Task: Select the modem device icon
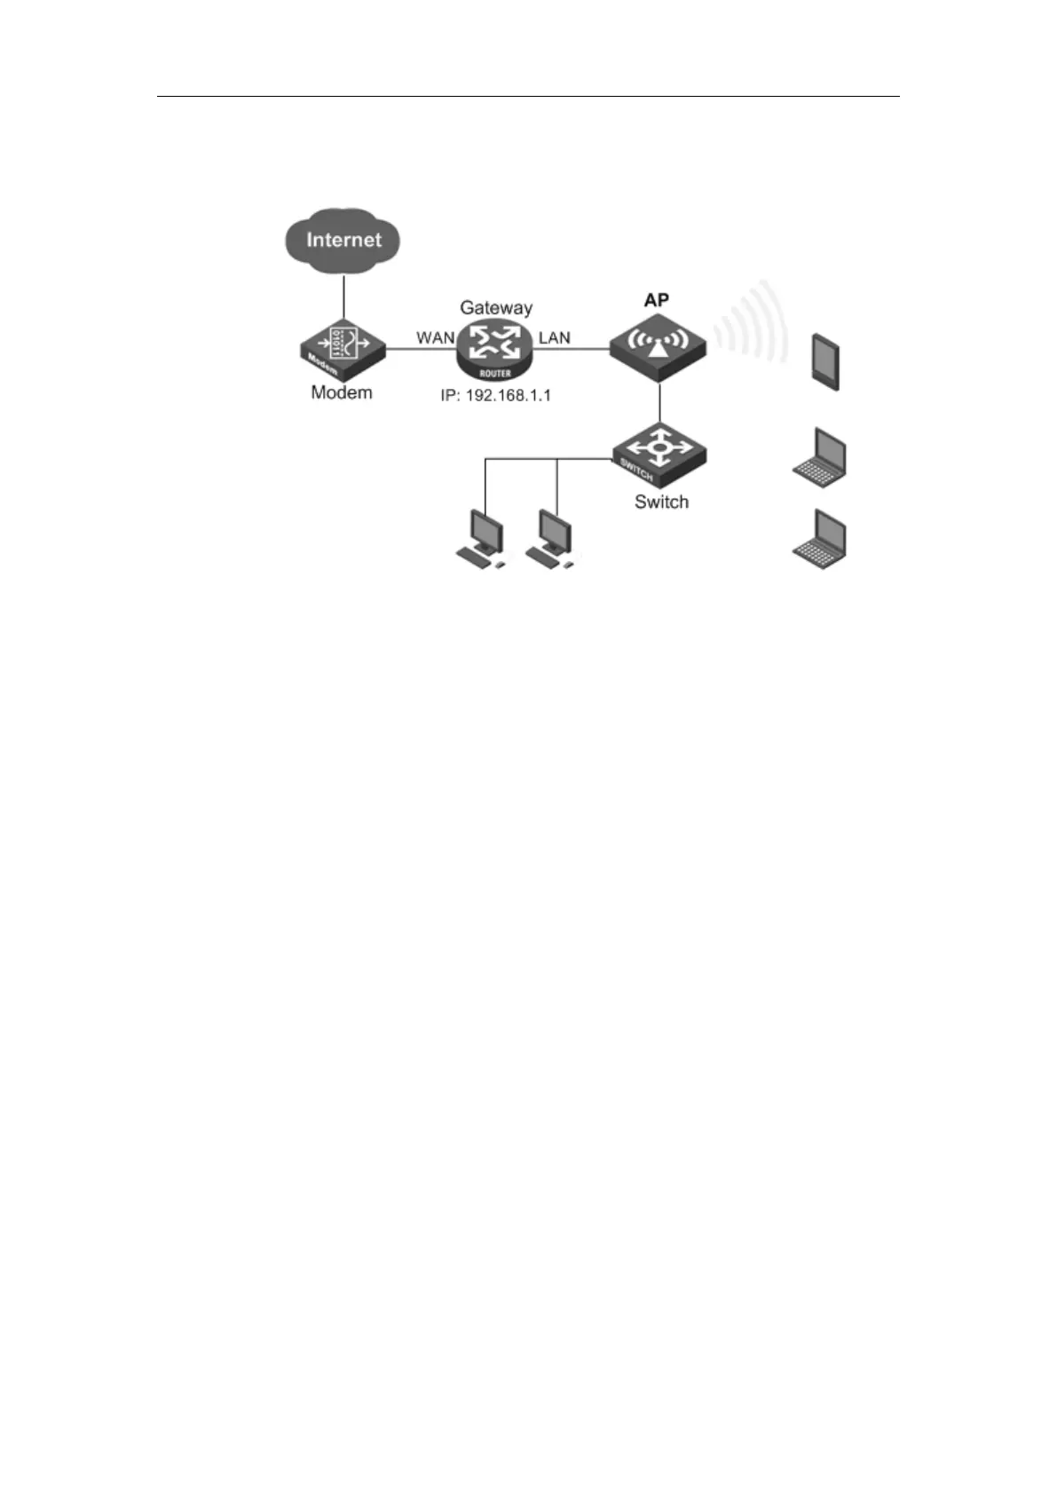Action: pyautogui.click(x=343, y=346)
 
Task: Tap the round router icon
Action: pyautogui.click(x=495, y=349)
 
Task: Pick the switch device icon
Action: pyautogui.click(x=659, y=450)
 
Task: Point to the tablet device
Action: pyautogui.click(x=826, y=361)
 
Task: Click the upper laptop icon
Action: pyautogui.click(x=820, y=458)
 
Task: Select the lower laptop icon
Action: pyautogui.click(x=820, y=539)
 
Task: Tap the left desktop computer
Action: pyautogui.click(x=482, y=538)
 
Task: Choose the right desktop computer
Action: pyautogui.click(x=551, y=538)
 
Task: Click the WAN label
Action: pyautogui.click(x=435, y=338)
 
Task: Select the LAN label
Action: pyautogui.click(x=555, y=338)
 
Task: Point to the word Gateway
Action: pyautogui.click(x=496, y=308)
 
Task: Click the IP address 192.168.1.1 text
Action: pyautogui.click(x=495, y=395)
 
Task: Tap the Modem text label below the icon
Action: pyautogui.click(x=342, y=392)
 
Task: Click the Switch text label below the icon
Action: pyautogui.click(x=661, y=502)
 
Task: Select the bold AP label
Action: pyautogui.click(x=657, y=299)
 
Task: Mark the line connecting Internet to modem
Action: pyautogui.click(x=343, y=297)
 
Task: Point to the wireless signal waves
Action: pyautogui.click(x=754, y=324)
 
